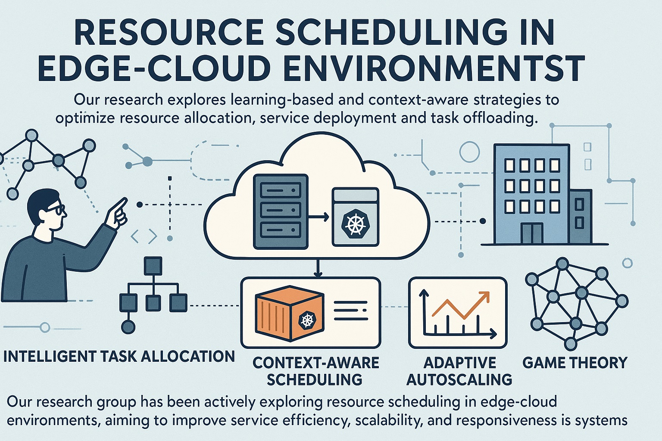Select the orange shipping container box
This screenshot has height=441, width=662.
[289, 314]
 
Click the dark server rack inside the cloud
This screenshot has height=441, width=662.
[281, 211]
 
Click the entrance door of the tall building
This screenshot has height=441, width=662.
[532, 233]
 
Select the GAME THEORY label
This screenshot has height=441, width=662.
[575, 362]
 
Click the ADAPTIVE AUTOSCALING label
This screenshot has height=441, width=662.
[459, 371]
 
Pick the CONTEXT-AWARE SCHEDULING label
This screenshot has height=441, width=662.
[315, 371]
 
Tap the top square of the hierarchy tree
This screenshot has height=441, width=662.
[153, 266]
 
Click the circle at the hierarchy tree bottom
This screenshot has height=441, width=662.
[128, 327]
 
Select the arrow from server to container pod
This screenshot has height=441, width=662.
[319, 217]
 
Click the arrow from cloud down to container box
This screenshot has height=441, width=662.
[318, 268]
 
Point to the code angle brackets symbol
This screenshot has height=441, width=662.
[144, 236]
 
